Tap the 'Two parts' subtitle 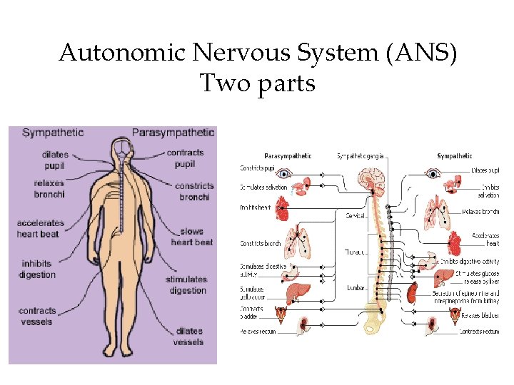[257, 83]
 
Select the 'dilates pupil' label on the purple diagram [54, 160]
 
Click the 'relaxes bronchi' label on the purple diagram [49, 189]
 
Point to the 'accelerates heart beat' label [40, 228]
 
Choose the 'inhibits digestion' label [36, 269]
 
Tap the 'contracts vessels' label [37, 317]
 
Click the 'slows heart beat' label [191, 237]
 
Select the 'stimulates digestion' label [186, 284]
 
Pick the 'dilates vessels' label [188, 337]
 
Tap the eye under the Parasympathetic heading [286, 173]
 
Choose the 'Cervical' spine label [356, 215]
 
